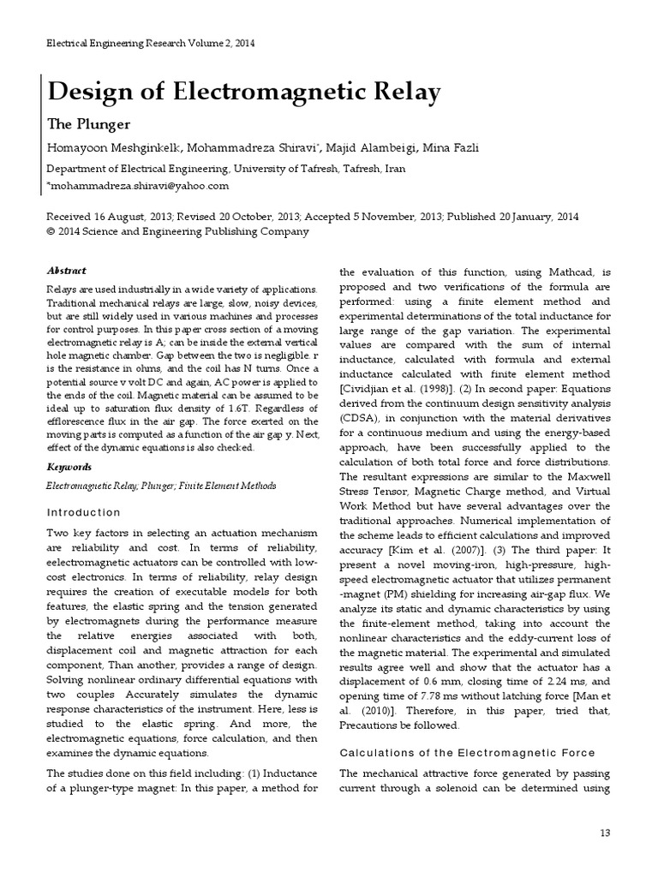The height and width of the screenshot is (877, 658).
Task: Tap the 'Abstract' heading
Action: pos(66,271)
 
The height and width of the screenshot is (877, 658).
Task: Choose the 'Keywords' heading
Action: pos(69,468)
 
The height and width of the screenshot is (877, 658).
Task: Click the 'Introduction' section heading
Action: pos(83,513)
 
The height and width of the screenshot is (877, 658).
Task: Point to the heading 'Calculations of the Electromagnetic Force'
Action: pos(468,753)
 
